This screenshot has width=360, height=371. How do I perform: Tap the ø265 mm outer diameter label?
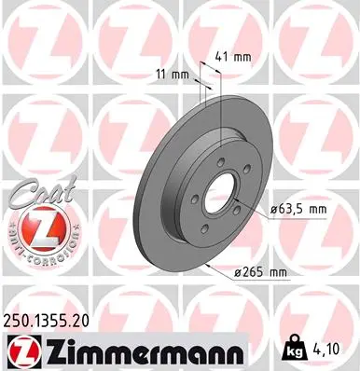[x=260, y=272]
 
